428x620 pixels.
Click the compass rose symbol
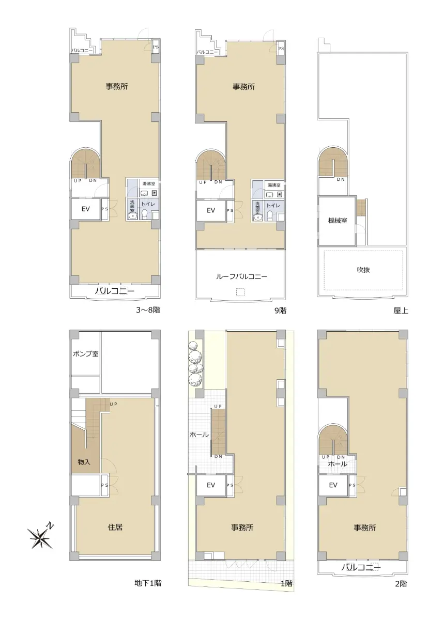tap(41, 537)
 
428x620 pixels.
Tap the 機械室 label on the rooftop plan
tap(338, 221)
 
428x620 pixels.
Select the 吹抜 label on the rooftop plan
tap(363, 270)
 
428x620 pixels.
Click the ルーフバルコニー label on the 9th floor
tap(241, 276)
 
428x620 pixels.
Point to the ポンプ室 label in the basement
tap(85, 354)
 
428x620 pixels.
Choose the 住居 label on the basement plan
tap(115, 527)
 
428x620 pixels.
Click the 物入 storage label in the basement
tap(84, 462)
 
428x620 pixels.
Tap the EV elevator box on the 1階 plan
tap(211, 485)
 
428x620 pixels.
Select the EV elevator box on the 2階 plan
tap(333, 485)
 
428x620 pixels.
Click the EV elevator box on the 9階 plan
tap(211, 210)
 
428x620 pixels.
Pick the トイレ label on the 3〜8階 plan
tap(148, 204)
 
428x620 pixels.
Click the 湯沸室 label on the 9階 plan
tap(273, 185)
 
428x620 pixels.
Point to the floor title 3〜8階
tap(148, 309)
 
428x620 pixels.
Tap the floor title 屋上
tap(401, 311)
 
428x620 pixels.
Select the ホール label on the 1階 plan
tap(199, 435)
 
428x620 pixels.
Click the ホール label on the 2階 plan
tap(338, 463)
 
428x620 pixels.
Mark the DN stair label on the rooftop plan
tap(341, 179)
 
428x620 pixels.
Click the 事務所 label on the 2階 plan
tap(364, 528)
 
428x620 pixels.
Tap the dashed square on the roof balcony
tap(240, 292)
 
